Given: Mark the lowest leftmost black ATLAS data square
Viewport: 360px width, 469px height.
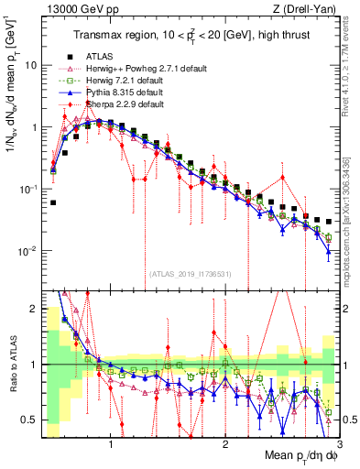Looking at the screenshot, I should (53, 202).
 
